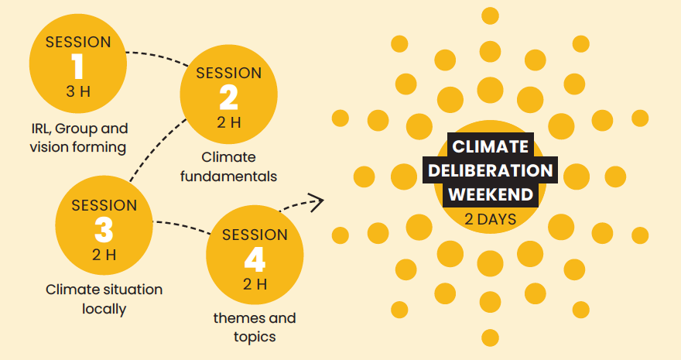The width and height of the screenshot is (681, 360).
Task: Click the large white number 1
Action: [77, 67]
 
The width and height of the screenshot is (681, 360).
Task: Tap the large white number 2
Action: [229, 98]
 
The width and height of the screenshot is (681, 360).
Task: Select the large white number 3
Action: [104, 230]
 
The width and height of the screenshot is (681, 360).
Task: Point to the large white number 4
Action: [255, 259]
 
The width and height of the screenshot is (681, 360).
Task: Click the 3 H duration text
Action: [78, 91]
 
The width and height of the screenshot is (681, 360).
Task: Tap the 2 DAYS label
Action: [491, 219]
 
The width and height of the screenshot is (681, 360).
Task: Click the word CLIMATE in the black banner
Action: [491, 146]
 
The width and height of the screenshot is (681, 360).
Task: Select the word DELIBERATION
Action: [491, 170]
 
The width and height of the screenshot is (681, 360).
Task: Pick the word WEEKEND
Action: [491, 194]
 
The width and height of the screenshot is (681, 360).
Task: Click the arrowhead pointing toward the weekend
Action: [318, 202]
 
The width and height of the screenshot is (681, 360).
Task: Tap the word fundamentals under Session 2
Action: [228, 177]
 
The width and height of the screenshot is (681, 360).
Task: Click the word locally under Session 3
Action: [104, 309]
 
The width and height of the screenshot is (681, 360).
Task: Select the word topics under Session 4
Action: [255, 337]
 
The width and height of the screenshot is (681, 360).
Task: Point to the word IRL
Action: [41, 129]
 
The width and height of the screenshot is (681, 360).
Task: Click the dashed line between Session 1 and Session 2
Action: [158, 56]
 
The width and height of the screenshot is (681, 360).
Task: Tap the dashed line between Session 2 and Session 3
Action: [156, 147]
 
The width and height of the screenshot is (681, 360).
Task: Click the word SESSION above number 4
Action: [255, 235]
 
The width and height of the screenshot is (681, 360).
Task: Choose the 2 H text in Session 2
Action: [229, 123]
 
